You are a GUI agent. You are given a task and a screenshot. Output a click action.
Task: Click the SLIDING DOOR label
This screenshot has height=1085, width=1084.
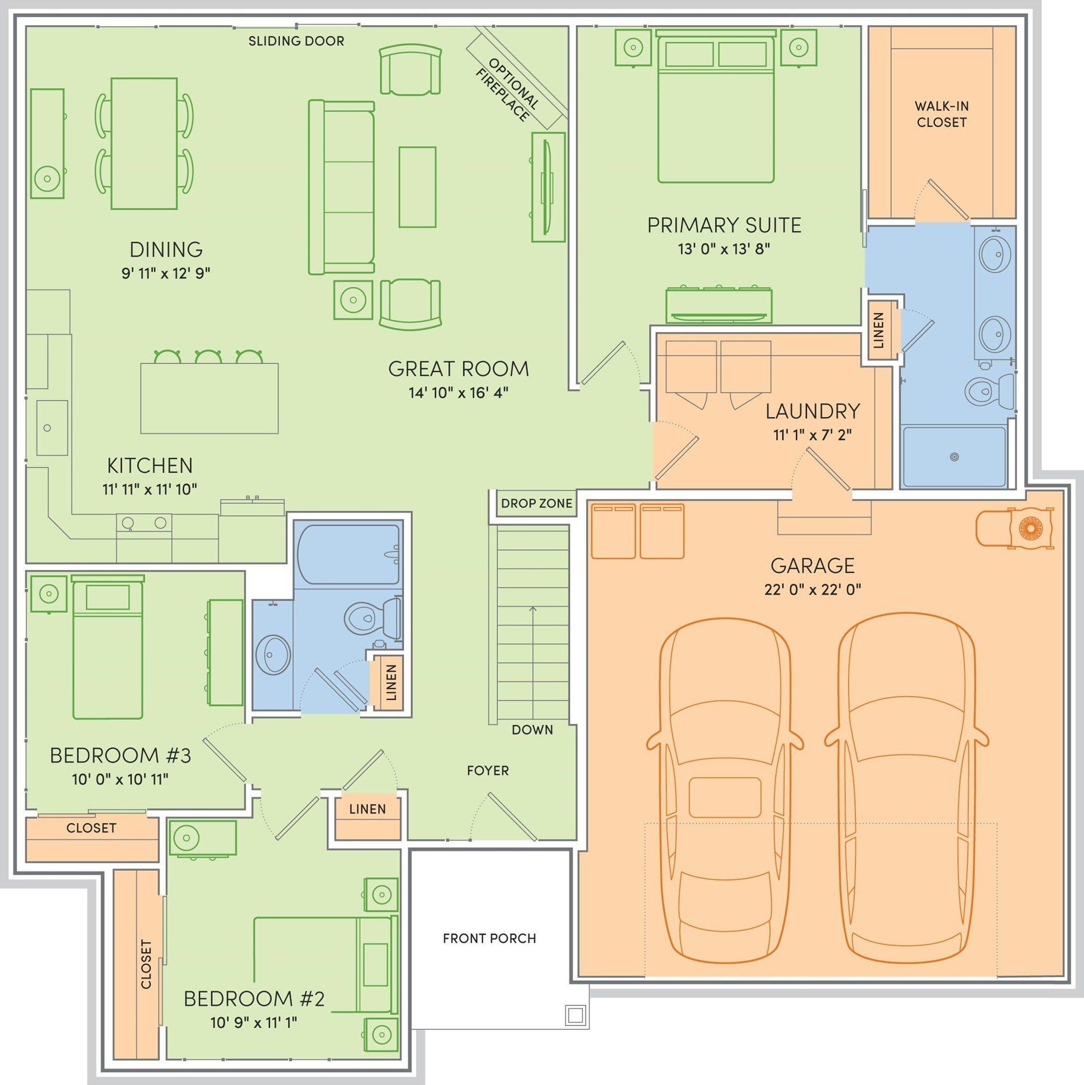click(296, 41)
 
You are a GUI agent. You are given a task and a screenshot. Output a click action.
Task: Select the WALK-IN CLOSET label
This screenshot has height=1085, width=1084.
click(941, 114)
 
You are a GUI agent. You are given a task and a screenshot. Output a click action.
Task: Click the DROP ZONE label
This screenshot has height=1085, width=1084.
click(536, 503)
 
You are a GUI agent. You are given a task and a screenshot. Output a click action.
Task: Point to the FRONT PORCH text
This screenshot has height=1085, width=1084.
click(489, 938)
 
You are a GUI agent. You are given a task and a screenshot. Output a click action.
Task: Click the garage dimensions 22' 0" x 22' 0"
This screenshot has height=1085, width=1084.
click(812, 589)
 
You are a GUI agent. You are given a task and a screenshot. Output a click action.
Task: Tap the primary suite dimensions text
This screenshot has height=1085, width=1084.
click(724, 249)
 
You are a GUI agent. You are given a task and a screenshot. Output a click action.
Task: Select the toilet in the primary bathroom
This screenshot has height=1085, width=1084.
click(990, 388)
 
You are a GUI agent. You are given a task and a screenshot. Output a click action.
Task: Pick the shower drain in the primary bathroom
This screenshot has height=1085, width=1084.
click(954, 457)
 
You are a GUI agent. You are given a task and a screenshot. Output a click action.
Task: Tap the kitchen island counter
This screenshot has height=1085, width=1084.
click(209, 398)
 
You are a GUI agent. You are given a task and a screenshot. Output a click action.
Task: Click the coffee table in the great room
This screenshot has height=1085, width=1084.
click(417, 187)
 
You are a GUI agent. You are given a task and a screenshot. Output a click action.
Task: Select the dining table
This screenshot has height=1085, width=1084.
click(144, 143)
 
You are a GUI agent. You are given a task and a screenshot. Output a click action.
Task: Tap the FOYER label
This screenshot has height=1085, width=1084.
click(487, 771)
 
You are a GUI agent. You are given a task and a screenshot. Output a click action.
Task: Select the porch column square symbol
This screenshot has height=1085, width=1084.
click(575, 1015)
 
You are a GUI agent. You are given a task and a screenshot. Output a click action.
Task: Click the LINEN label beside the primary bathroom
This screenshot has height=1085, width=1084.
click(879, 330)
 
